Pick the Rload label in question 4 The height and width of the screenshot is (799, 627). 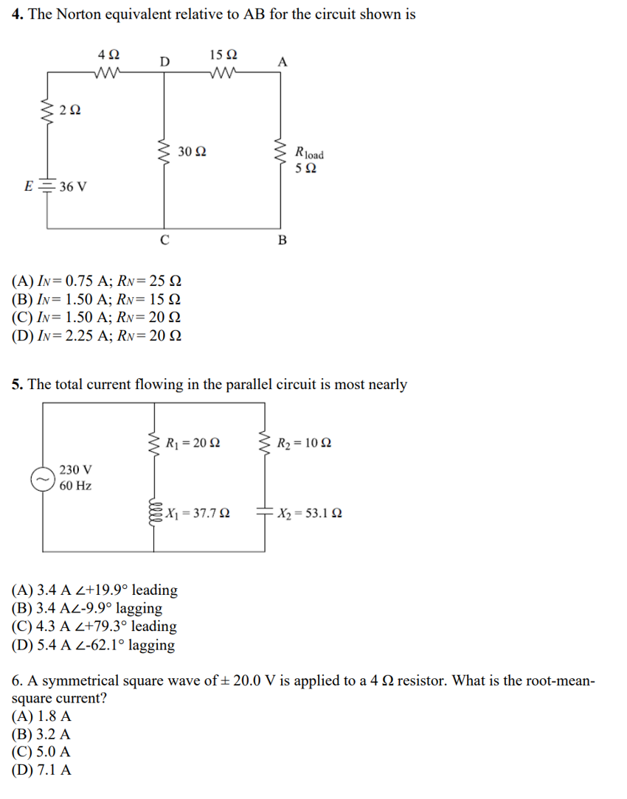pyautogui.click(x=308, y=154)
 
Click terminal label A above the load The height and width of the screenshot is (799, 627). pyautogui.click(x=282, y=62)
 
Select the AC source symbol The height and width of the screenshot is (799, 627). pyautogui.click(x=41, y=478)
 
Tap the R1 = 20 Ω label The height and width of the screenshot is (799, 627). pyautogui.click(x=193, y=444)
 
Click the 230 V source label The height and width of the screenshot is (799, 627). pyautogui.click(x=75, y=470)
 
